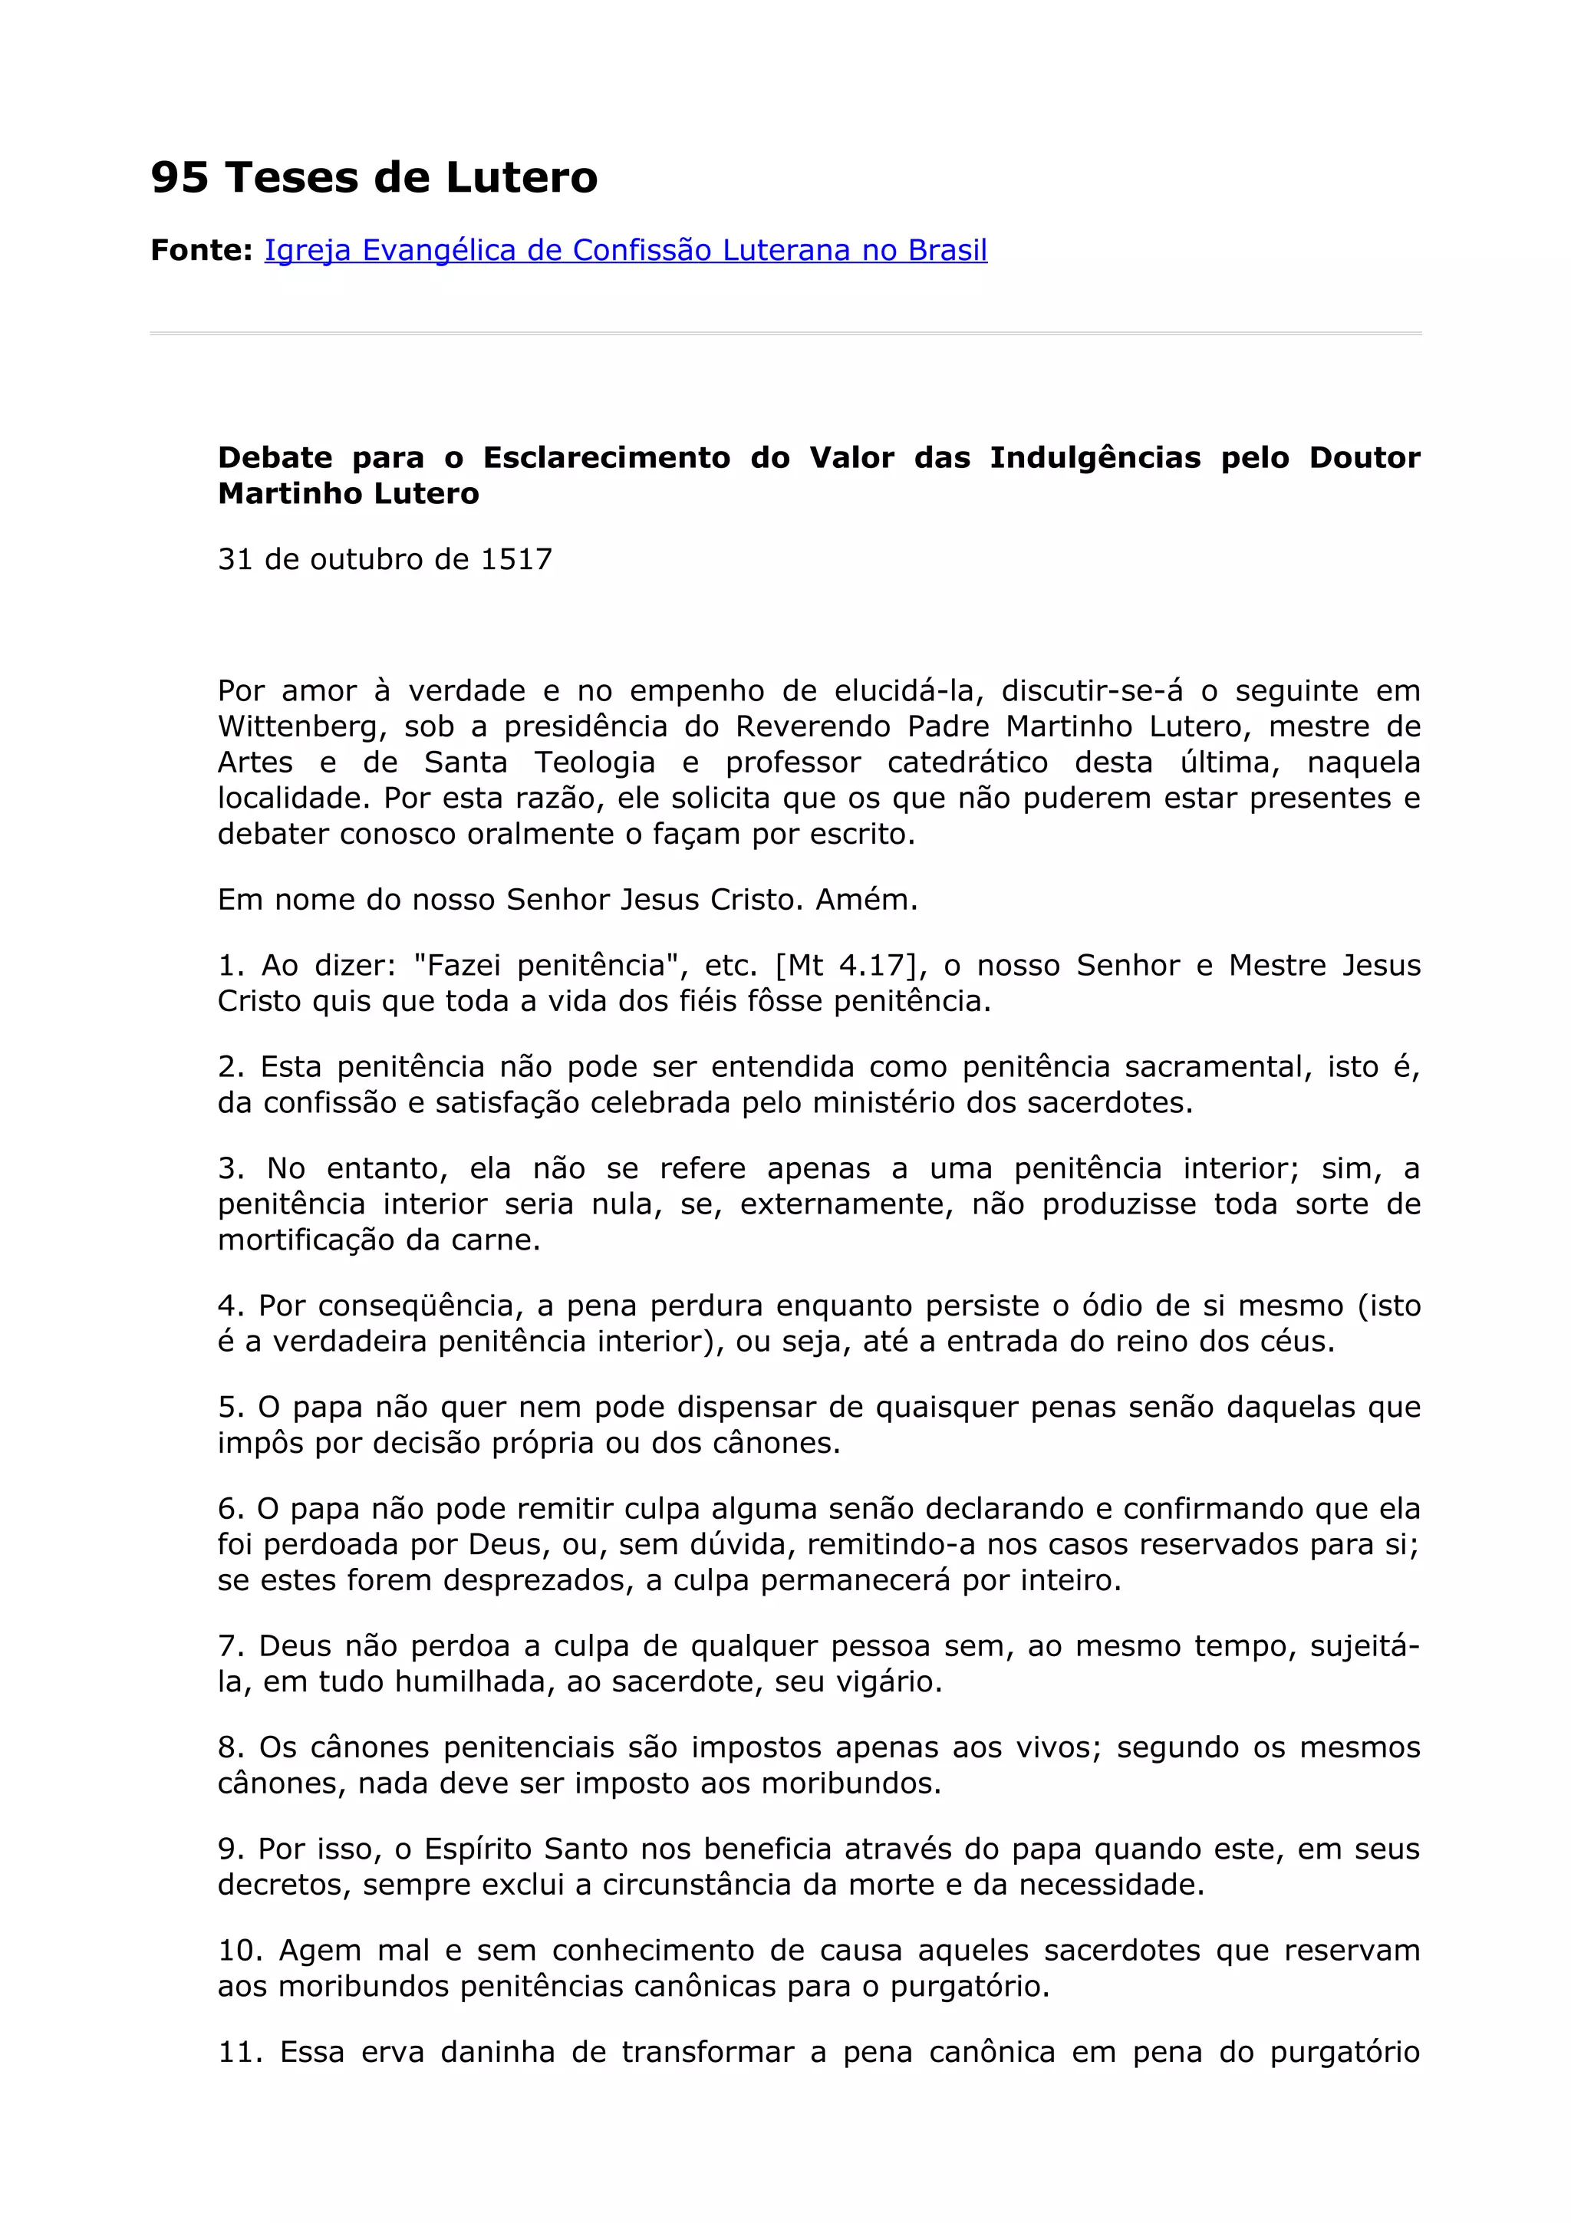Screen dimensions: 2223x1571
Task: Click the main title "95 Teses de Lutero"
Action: pyautogui.click(x=374, y=177)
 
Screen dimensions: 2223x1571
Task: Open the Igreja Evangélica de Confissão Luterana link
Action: pyautogui.click(x=625, y=251)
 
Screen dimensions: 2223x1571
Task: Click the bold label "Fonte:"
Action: pyautogui.click(x=201, y=251)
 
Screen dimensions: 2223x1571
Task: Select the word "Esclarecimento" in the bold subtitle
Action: pyautogui.click(x=606, y=457)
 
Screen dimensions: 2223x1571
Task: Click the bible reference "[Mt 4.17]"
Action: pyautogui.click(x=845, y=965)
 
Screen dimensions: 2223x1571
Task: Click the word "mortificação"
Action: pyautogui.click(x=307, y=1240)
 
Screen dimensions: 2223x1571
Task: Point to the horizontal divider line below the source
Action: pyautogui.click(x=785, y=333)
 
